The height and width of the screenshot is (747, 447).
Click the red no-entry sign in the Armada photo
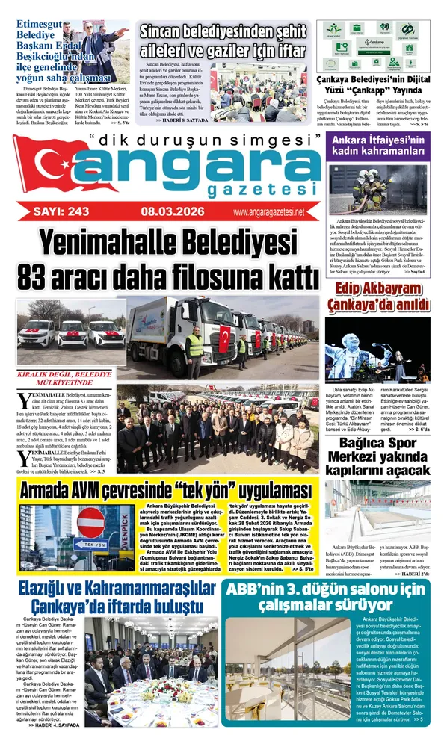[91, 521]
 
